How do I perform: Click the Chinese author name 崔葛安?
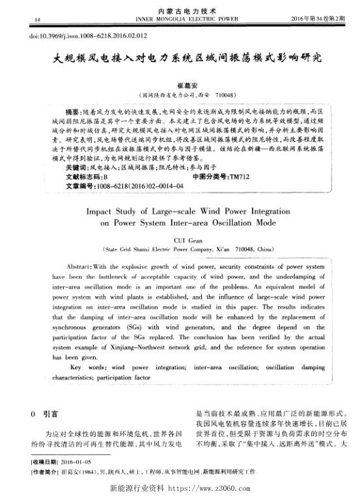[x=179, y=84]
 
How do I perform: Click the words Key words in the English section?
[x=85, y=367]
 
